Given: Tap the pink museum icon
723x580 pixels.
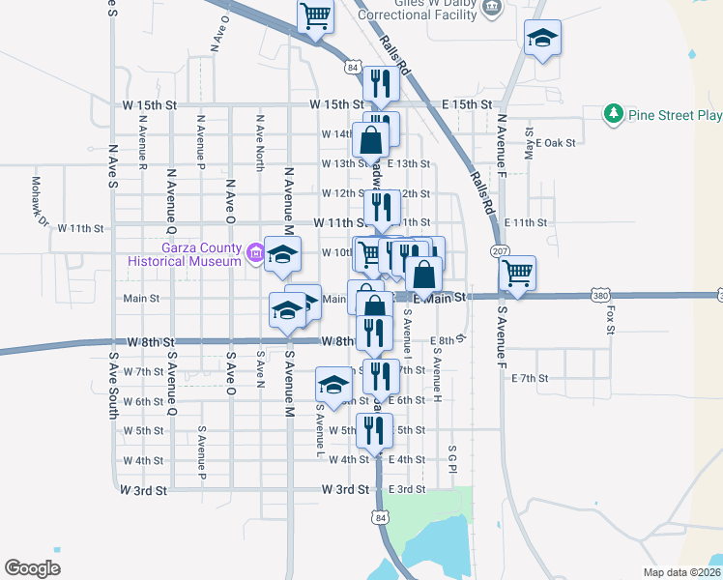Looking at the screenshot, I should [255, 254].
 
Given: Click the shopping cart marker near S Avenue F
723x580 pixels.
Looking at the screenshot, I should [518, 274].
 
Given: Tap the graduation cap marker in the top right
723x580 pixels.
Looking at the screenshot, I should [542, 38].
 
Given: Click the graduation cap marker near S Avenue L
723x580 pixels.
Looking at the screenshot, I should [333, 384].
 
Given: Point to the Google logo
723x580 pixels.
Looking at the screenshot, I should [32, 568].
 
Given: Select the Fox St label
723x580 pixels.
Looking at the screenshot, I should [610, 320].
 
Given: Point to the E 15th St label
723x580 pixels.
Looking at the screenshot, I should [467, 103].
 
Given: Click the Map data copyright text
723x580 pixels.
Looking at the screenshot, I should [680, 572].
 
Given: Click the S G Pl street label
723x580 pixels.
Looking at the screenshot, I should [451, 459].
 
